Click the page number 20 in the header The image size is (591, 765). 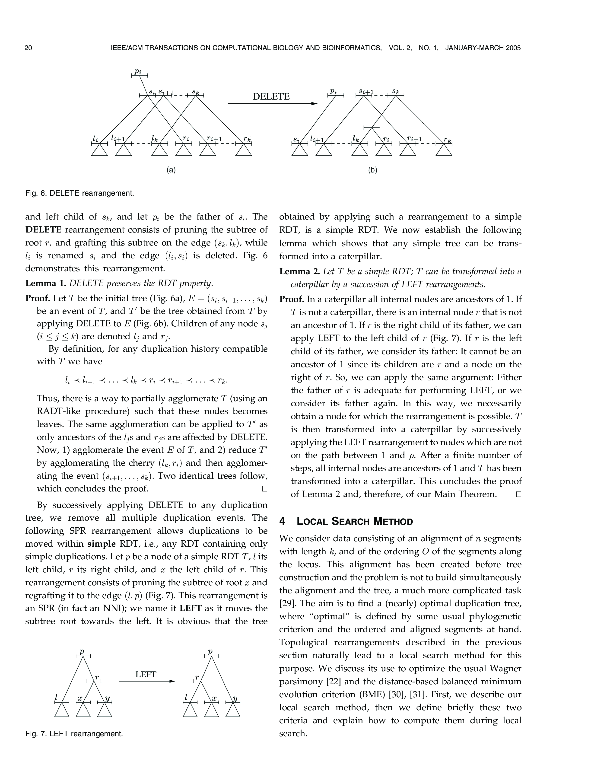pos(28,48)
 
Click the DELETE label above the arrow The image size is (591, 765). pos(271,96)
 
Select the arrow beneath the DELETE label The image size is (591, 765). pos(272,104)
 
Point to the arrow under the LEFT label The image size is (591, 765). pos(146,681)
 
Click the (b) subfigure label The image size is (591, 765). pos(372,170)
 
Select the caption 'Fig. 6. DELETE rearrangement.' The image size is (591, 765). pos(79,193)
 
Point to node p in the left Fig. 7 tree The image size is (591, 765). pos(82,652)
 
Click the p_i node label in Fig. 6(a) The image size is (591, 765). pos(138,71)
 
